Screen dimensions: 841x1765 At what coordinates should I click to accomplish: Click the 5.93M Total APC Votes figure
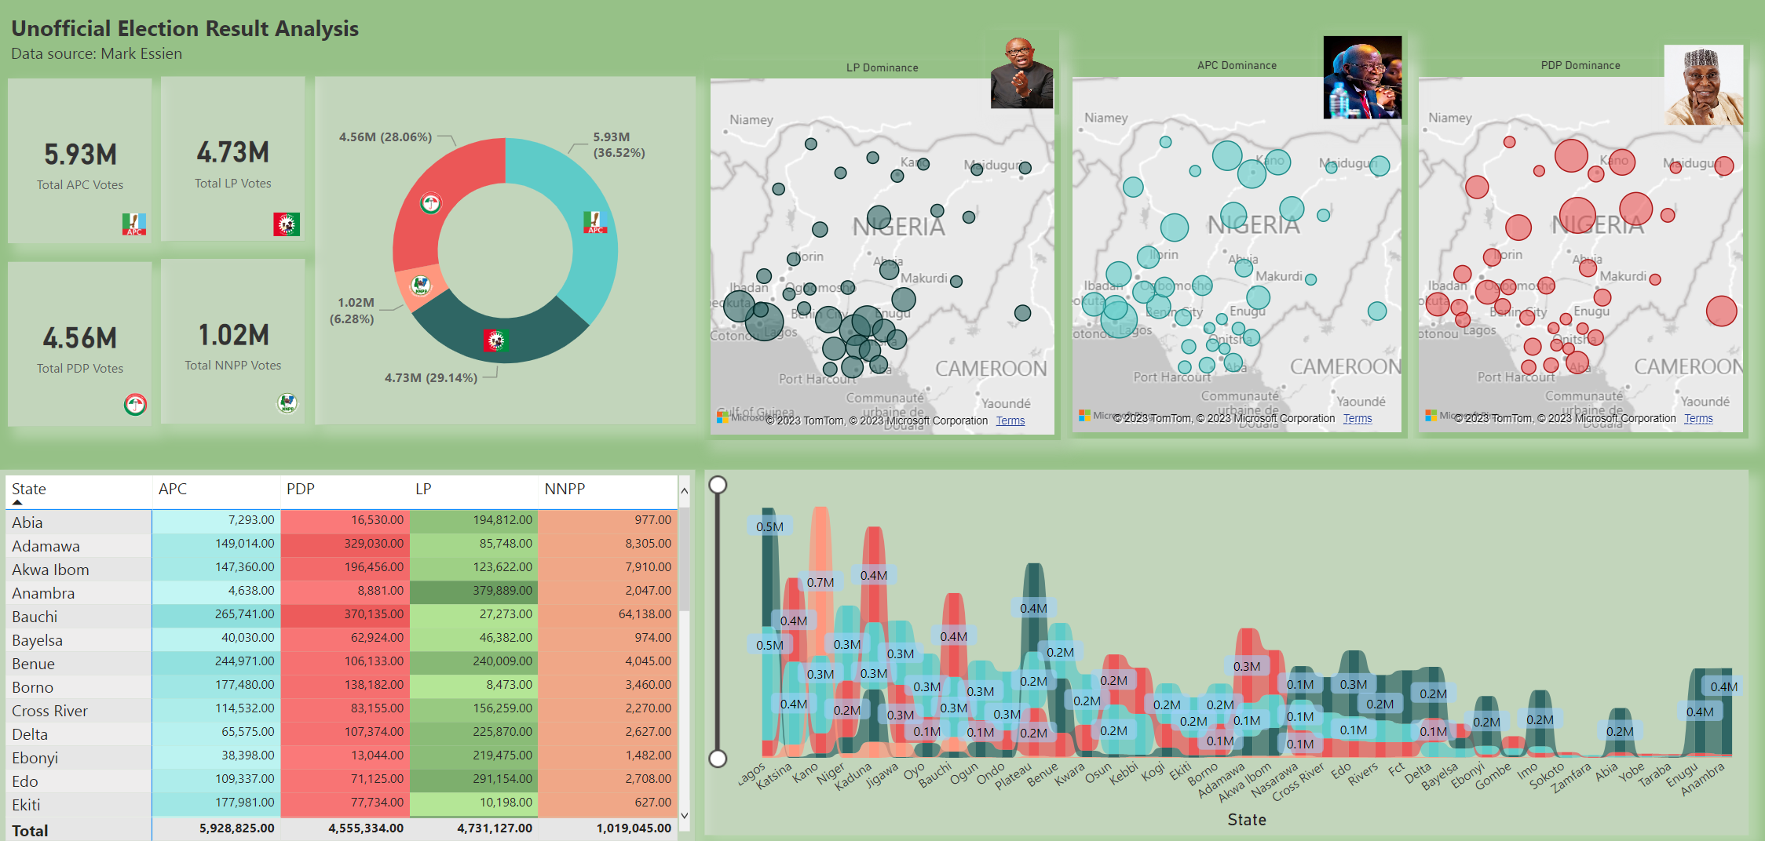coord(80,155)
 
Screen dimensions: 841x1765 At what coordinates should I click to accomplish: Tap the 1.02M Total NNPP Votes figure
coord(233,336)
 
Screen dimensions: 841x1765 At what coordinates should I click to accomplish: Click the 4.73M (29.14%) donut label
coord(430,378)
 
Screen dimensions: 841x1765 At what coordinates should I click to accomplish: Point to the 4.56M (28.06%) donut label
coord(386,137)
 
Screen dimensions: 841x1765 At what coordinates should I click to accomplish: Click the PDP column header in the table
coord(301,490)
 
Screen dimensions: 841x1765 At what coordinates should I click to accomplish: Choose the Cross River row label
coord(49,711)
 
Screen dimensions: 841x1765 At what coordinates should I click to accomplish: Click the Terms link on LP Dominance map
coord(1010,421)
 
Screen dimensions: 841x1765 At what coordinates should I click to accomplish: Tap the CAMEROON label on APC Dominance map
coord(1345,367)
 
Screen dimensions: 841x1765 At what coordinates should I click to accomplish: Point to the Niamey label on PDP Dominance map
coord(1449,118)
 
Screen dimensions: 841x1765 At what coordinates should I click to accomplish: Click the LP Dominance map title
coord(882,68)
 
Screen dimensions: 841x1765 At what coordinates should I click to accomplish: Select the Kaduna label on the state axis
coord(854,776)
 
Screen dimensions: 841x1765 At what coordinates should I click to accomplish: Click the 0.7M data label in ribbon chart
coord(820,583)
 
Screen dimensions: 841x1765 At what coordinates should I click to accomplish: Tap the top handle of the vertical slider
coord(718,485)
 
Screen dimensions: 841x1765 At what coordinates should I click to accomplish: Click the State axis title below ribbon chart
coord(1246,820)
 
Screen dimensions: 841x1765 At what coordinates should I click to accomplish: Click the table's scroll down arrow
coord(684,816)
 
